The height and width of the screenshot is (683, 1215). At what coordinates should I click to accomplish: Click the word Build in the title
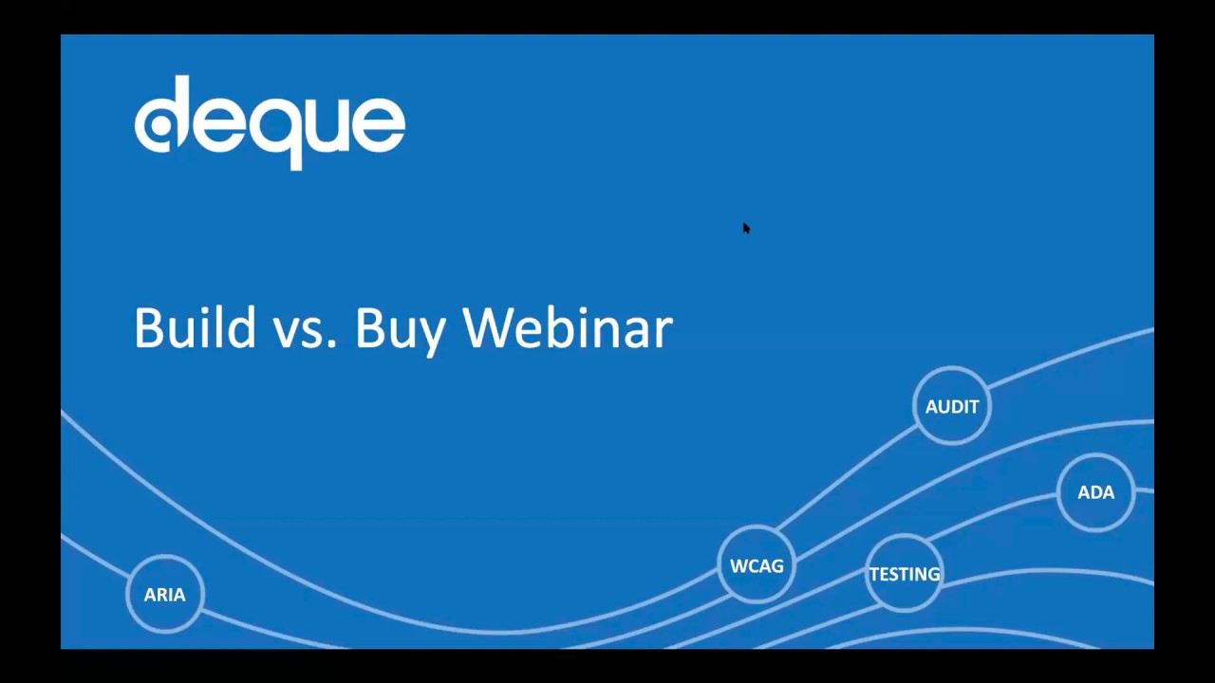195,328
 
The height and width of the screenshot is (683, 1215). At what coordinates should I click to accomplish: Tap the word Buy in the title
400,330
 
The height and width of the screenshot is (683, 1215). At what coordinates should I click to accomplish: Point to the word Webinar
568,328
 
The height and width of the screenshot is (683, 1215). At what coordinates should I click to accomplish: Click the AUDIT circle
952,406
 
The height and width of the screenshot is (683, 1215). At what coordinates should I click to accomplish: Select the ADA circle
1095,492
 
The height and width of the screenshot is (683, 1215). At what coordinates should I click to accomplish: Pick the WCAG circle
757,566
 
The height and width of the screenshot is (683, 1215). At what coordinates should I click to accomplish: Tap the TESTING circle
904,574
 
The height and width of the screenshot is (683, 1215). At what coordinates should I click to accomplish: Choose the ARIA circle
164,595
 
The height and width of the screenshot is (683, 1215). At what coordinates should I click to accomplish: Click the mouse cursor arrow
746,228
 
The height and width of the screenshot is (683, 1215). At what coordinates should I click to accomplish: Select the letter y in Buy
431,334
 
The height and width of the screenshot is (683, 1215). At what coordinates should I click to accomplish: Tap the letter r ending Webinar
664,332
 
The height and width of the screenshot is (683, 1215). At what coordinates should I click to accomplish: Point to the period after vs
331,345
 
